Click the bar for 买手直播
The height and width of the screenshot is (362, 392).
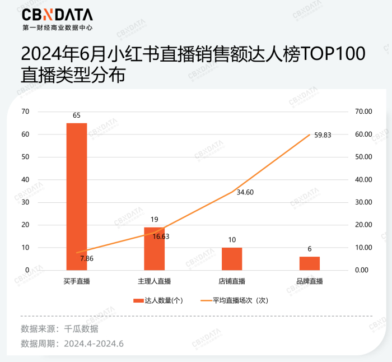pos(77,196)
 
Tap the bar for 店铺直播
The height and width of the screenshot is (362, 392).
pos(232,259)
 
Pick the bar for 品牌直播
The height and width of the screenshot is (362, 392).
pos(309,263)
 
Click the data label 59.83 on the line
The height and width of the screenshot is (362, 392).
pos(323,135)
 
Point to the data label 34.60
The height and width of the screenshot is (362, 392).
pos(246,192)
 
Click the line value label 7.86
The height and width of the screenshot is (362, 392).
pos(87,258)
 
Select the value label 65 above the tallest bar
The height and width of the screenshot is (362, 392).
pos(77,115)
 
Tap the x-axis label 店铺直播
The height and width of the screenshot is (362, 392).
pos(232,281)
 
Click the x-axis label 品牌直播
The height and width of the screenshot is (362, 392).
pos(309,281)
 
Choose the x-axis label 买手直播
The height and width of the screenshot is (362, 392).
pos(77,281)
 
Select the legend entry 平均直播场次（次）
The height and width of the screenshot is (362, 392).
pos(235,300)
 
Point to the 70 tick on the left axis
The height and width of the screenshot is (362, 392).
pos(25,112)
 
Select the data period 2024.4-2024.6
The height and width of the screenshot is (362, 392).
pos(94,344)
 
